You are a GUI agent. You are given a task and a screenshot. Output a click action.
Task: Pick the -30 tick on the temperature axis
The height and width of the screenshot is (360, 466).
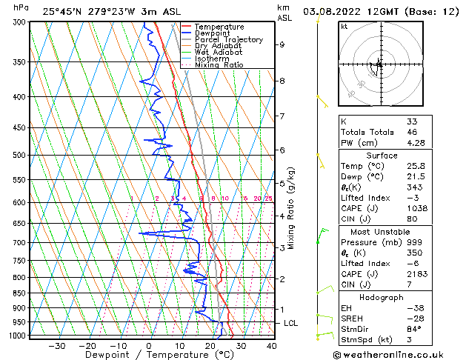pyautogui.click(x=57, y=345)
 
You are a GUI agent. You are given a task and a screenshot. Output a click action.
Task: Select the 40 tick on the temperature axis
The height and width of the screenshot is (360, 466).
pyautogui.click(x=272, y=345)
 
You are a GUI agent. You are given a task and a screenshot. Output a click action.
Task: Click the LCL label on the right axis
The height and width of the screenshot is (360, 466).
pyautogui.click(x=292, y=324)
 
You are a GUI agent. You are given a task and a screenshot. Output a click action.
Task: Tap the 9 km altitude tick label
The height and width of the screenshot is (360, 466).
pyautogui.click(x=282, y=44)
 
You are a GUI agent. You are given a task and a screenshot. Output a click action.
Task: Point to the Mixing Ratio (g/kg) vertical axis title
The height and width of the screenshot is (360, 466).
pyautogui.click(x=292, y=208)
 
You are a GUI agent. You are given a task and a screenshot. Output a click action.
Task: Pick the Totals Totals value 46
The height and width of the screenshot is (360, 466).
pyautogui.click(x=412, y=132)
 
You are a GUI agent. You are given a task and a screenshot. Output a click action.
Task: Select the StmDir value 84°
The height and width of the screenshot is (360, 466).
pyautogui.click(x=414, y=329)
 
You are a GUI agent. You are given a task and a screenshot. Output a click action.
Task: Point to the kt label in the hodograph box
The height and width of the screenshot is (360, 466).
pyautogui.click(x=344, y=27)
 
